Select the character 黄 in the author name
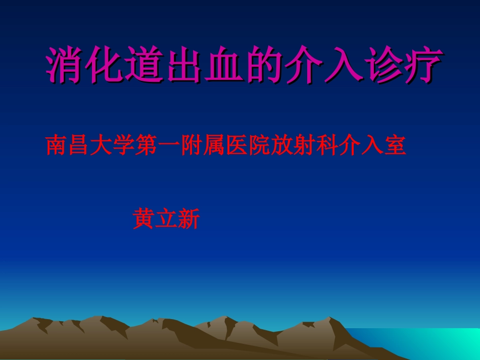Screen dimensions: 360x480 click(143, 220)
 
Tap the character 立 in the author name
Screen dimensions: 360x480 click(166, 220)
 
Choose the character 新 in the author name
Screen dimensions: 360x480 click(189, 220)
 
